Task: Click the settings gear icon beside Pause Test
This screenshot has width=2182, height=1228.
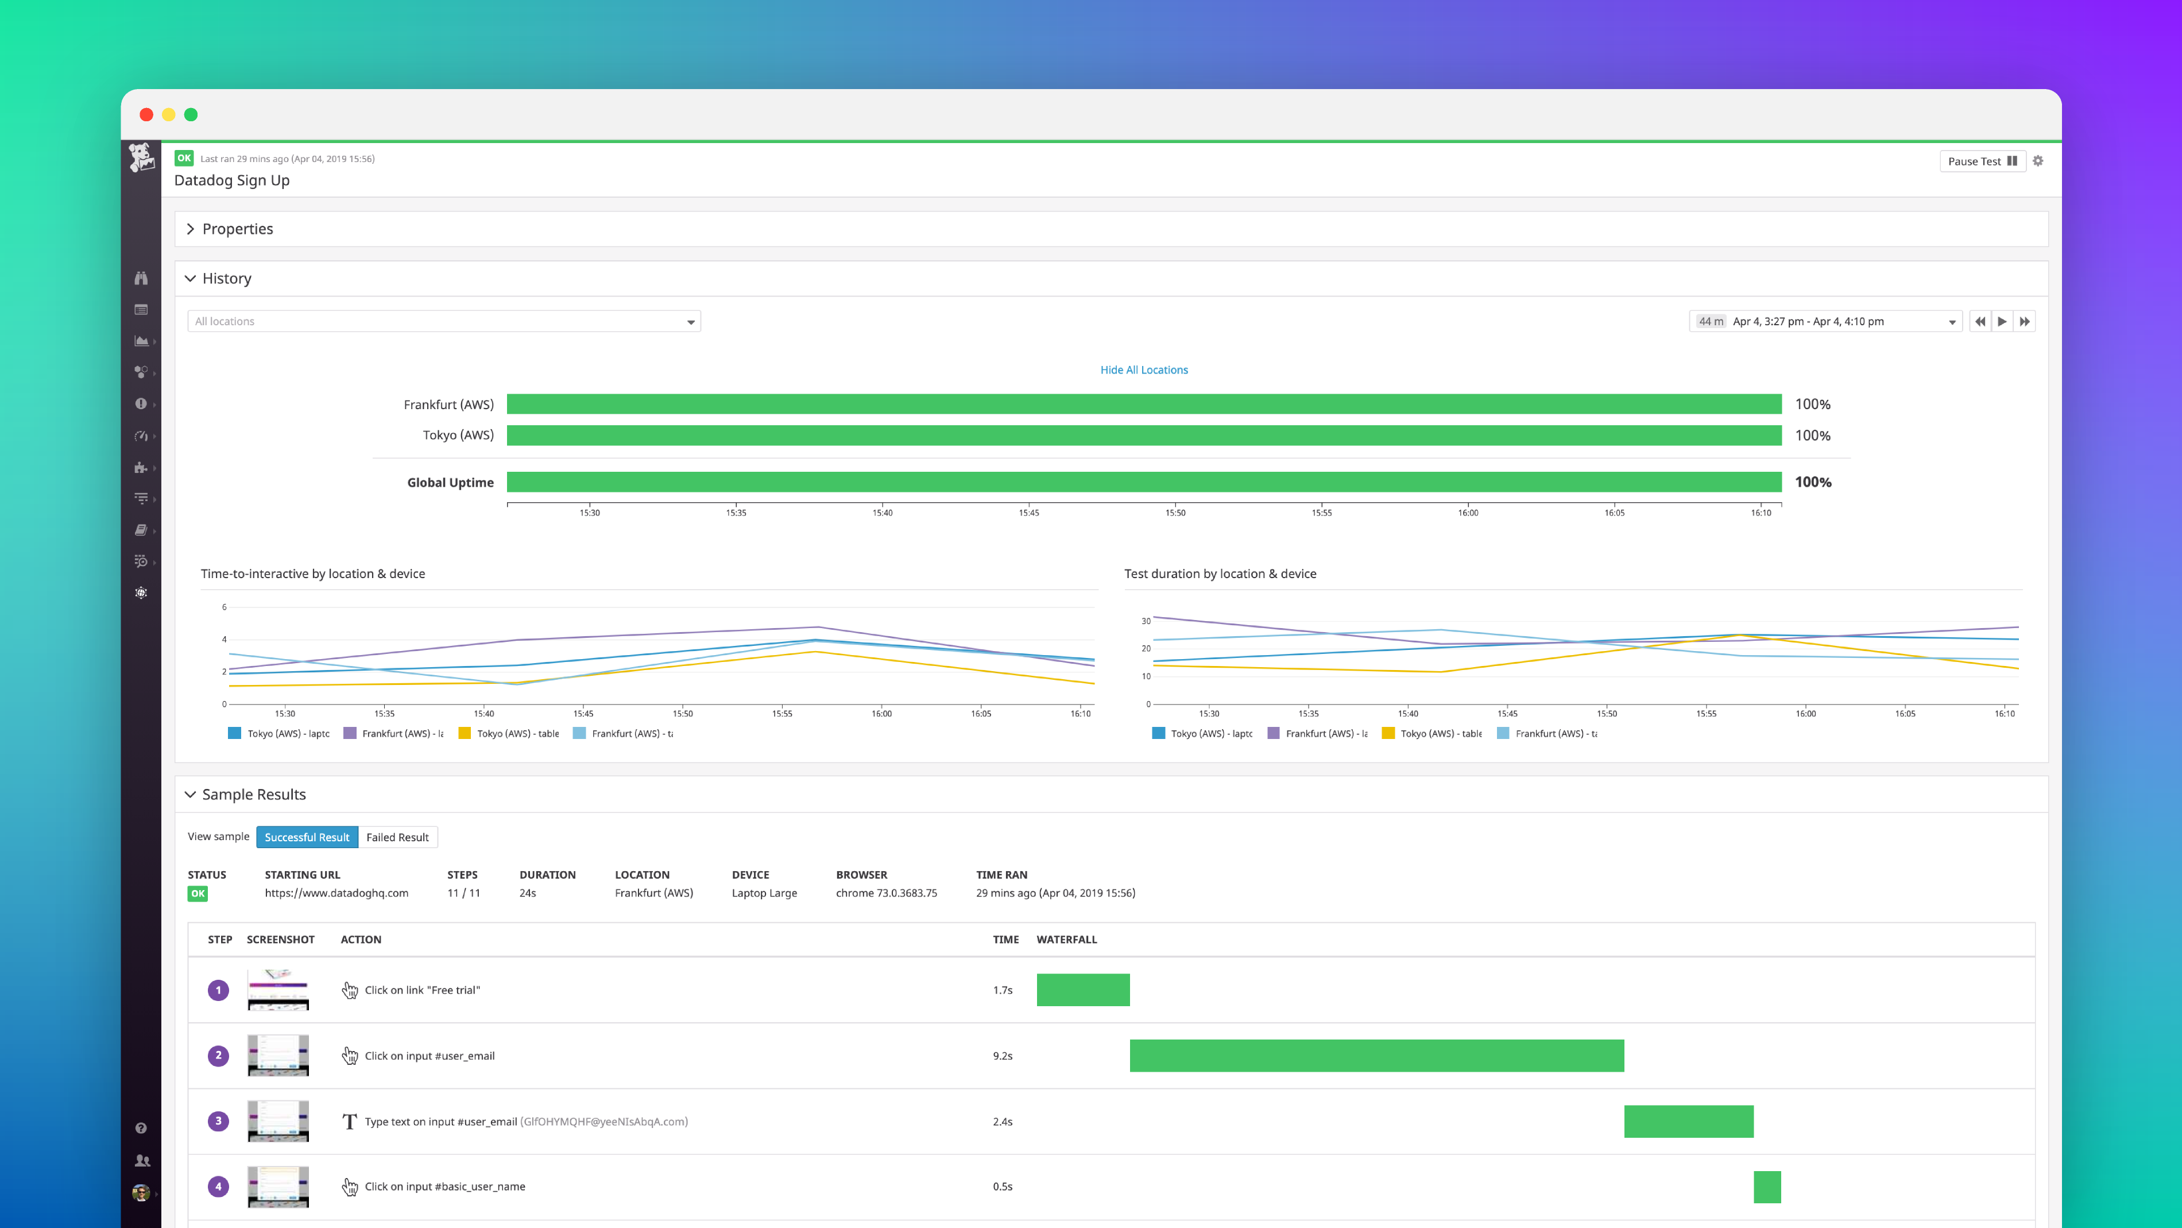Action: point(2038,161)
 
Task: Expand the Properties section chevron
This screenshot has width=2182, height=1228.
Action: point(191,229)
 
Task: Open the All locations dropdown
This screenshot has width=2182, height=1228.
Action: point(444,321)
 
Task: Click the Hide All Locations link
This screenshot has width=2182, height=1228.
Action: point(1143,369)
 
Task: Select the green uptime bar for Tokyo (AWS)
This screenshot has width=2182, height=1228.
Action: point(1143,436)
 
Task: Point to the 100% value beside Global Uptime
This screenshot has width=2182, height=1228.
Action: point(1813,482)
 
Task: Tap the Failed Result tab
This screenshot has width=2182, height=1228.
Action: point(397,837)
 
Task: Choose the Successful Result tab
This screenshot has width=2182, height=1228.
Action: point(307,837)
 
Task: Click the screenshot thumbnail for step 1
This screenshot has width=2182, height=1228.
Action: point(278,990)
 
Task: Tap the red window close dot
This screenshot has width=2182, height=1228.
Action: point(146,114)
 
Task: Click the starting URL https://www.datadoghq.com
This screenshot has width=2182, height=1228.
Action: point(336,893)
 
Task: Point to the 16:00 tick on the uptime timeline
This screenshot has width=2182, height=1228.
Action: point(1468,512)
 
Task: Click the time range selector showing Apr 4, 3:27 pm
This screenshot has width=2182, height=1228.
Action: point(1825,321)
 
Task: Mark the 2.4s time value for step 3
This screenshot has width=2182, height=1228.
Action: point(1002,1121)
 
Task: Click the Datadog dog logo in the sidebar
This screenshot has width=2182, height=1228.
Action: point(141,157)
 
